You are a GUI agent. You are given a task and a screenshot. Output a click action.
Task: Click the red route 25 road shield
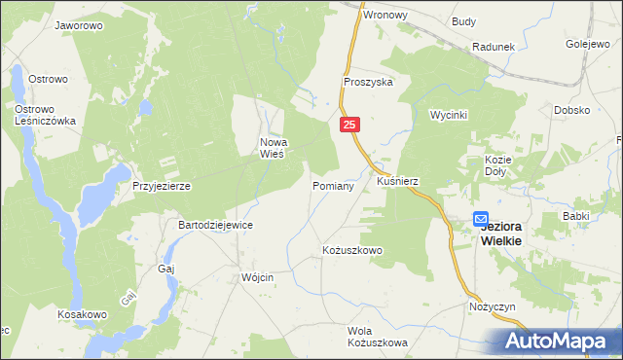pos(351,125)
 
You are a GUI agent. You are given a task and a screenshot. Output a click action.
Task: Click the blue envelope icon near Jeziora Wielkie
pos(481,220)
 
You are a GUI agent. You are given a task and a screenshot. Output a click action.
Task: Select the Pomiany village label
pos(332,185)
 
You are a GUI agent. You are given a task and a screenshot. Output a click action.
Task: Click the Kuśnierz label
pos(397,182)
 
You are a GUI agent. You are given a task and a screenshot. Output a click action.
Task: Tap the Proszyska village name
pos(367,83)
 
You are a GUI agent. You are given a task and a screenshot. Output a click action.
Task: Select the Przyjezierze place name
pos(161,185)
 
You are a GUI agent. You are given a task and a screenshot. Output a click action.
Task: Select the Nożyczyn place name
pos(491,306)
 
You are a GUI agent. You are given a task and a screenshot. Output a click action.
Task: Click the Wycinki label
pos(449,115)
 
